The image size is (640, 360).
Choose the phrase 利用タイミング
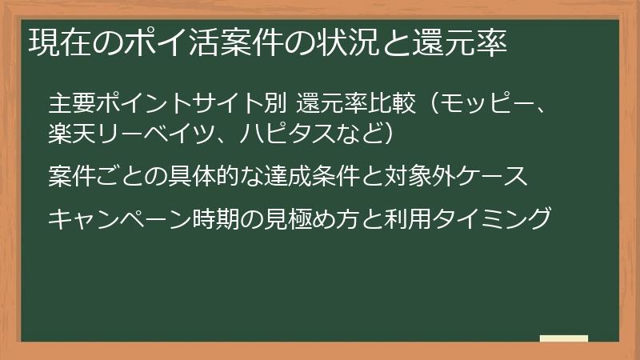473,217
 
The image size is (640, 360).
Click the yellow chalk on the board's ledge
563,338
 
